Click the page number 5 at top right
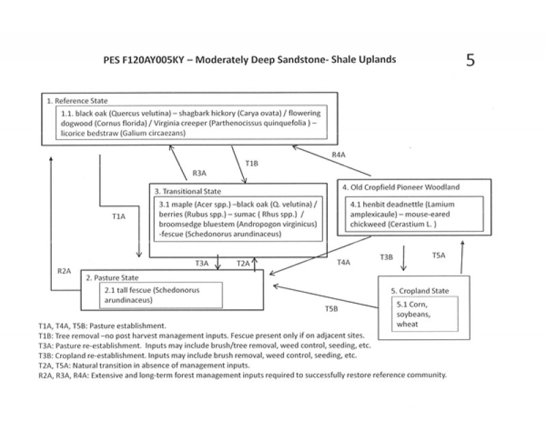[470, 59]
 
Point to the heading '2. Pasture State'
[112, 278]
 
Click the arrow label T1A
[119, 216]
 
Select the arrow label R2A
[65, 271]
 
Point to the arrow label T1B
[251, 164]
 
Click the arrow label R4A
[339, 155]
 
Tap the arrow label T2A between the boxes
[244, 263]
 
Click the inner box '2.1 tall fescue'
[144, 294]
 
